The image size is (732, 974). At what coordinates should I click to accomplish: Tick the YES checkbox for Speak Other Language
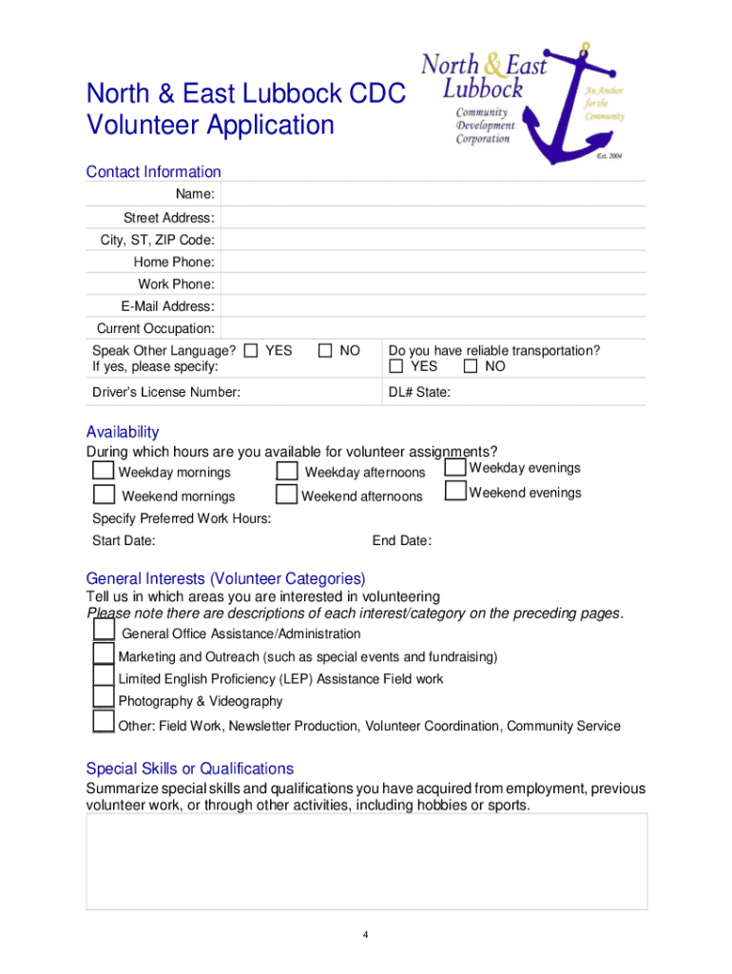[x=251, y=351]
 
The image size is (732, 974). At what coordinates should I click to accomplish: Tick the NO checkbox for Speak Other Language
[x=326, y=351]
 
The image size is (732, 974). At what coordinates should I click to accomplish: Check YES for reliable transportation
[x=396, y=367]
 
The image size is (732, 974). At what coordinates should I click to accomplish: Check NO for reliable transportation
[x=471, y=367]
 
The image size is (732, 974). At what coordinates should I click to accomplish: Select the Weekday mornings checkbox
[x=104, y=471]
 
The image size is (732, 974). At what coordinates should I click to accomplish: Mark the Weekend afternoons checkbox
[x=286, y=495]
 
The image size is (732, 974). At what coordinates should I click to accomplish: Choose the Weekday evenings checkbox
[x=455, y=467]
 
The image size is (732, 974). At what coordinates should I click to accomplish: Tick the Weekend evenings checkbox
[x=455, y=492]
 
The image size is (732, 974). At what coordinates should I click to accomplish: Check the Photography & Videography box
[x=104, y=699]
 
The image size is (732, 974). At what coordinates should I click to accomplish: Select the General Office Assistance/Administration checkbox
[x=104, y=631]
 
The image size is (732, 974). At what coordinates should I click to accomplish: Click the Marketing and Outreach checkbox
[x=104, y=653]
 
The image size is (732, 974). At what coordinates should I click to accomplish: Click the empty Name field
[x=433, y=195]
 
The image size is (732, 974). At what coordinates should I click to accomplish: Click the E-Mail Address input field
[x=433, y=306]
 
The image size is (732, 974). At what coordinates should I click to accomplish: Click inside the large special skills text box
[x=367, y=861]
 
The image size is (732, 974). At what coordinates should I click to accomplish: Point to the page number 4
[x=365, y=935]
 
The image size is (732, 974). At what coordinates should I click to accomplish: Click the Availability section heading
[x=123, y=432]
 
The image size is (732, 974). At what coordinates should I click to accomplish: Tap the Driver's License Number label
[x=165, y=392]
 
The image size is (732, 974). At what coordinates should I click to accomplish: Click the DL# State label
[x=419, y=392]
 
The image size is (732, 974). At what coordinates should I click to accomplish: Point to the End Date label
[x=401, y=541]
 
